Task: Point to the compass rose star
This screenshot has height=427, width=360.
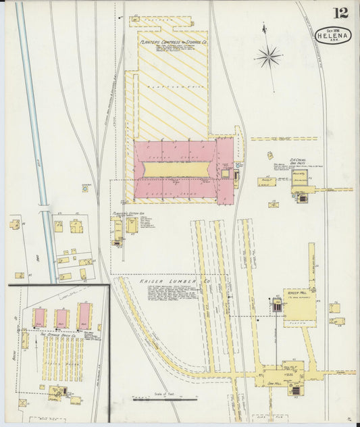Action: (x=268, y=56)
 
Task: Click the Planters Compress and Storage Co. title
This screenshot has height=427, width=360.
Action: (x=174, y=41)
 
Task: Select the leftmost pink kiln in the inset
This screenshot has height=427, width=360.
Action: (x=40, y=318)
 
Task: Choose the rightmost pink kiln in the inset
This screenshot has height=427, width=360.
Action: (x=85, y=316)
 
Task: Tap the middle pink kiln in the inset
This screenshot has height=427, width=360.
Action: (x=61, y=318)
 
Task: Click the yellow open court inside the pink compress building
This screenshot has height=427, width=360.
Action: (x=177, y=170)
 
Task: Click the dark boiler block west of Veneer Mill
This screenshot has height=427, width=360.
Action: (x=276, y=305)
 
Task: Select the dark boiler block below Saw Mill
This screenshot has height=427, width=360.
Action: (x=294, y=389)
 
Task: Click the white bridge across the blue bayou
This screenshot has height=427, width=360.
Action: (x=45, y=206)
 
